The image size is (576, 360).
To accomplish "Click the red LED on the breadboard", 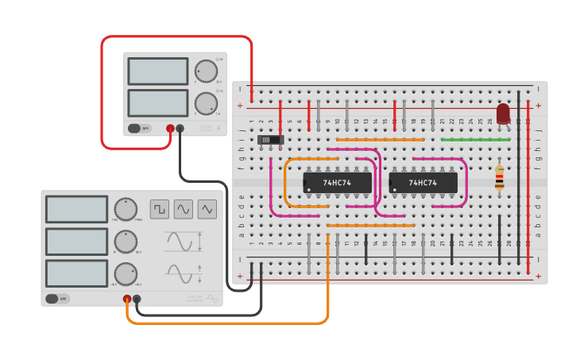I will pos(503,113).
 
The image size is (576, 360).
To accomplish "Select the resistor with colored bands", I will pos(499,178).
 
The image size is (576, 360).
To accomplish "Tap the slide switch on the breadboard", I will pos(271,140).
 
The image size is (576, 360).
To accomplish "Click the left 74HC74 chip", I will pos(338,183).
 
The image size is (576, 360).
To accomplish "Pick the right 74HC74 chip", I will pos(423,183).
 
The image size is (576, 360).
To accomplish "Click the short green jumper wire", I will pos(475,139).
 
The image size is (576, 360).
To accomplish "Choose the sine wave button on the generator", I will pos(184,209).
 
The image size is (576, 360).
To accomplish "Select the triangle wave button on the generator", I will pos(207,209).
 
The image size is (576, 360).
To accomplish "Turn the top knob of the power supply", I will pos(206,71).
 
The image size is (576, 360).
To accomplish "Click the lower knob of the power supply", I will pos(206,103).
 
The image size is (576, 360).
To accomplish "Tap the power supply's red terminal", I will pos(170,128).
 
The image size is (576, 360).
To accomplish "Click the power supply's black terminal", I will pos(180,128).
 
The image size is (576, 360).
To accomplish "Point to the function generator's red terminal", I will pos(127,299).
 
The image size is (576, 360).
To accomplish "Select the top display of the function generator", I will pos(76,209).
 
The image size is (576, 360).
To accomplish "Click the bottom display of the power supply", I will pos(157,103).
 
